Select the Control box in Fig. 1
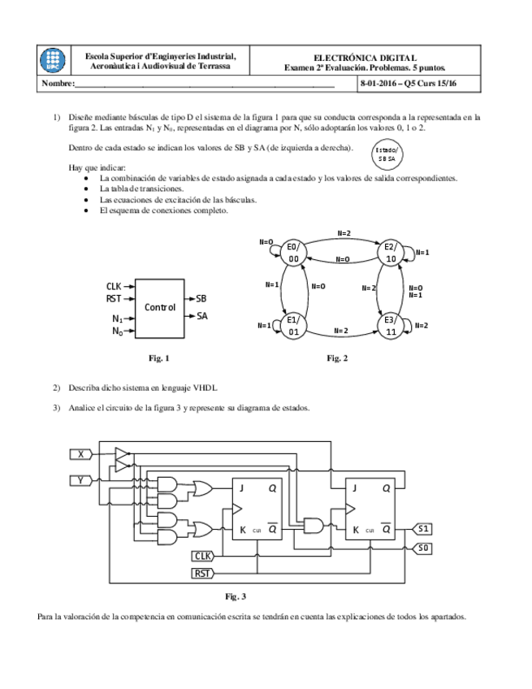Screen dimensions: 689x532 pyautogui.click(x=160, y=308)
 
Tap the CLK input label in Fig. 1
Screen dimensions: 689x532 pyautogui.click(x=114, y=286)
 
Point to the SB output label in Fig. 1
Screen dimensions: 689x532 pyautogui.click(x=201, y=298)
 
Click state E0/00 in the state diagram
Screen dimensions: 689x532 pyautogui.click(x=294, y=253)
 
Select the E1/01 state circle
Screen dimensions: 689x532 pyautogui.click(x=294, y=326)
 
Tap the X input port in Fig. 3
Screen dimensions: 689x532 pyautogui.click(x=81, y=454)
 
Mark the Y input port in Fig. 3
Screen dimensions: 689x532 pyautogui.click(x=81, y=481)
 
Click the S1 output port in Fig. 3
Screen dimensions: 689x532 pyautogui.click(x=423, y=529)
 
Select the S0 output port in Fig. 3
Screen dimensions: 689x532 pyautogui.click(x=423, y=548)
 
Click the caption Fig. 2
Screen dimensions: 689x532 pyautogui.click(x=337, y=358)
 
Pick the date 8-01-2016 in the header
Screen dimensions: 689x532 pyautogui.click(x=382, y=84)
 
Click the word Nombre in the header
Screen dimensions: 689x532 pyautogui.click(x=57, y=84)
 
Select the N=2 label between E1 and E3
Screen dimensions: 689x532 pyautogui.click(x=341, y=331)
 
